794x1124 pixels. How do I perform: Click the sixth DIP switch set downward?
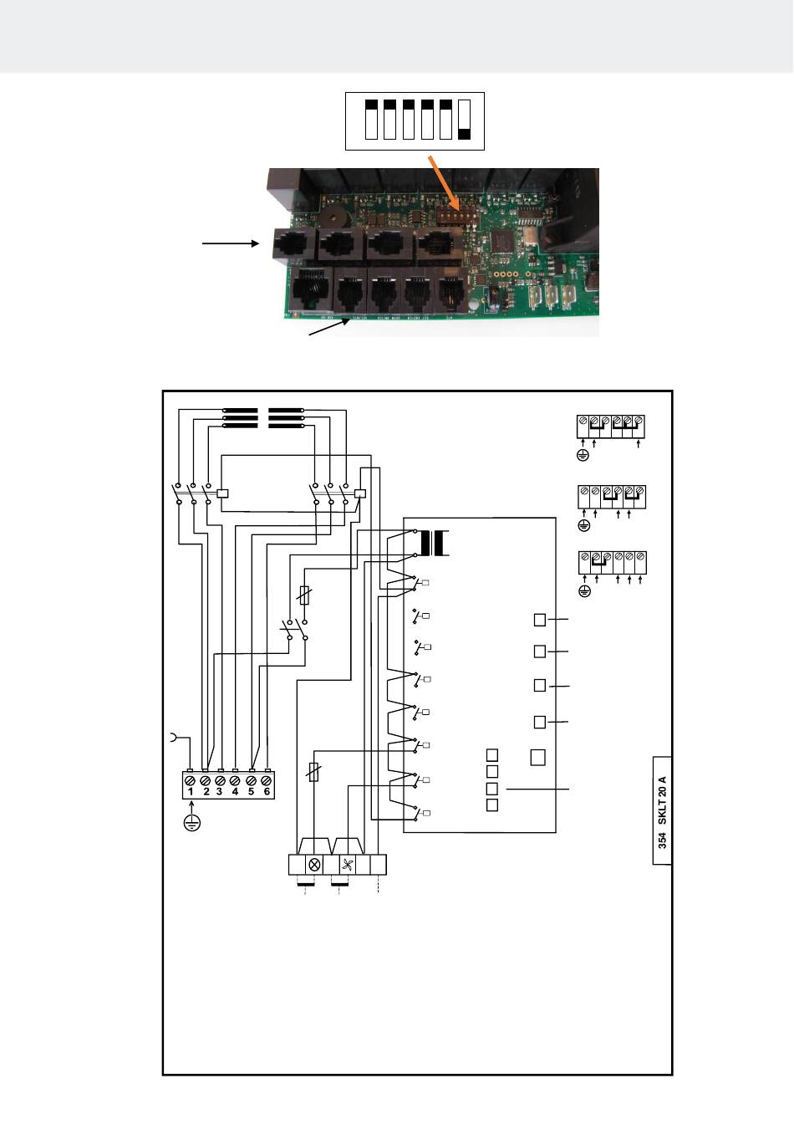(x=465, y=119)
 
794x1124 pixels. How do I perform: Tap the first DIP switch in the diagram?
(x=371, y=119)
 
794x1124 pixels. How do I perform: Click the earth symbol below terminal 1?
(x=191, y=823)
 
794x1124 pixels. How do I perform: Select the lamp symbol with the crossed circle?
(x=316, y=865)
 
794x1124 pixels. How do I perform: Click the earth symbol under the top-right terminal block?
(x=583, y=456)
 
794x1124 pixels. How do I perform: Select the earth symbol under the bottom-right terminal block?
(x=585, y=591)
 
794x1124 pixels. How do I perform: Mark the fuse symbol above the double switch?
(x=305, y=596)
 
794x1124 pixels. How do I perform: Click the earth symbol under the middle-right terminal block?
(x=584, y=526)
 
